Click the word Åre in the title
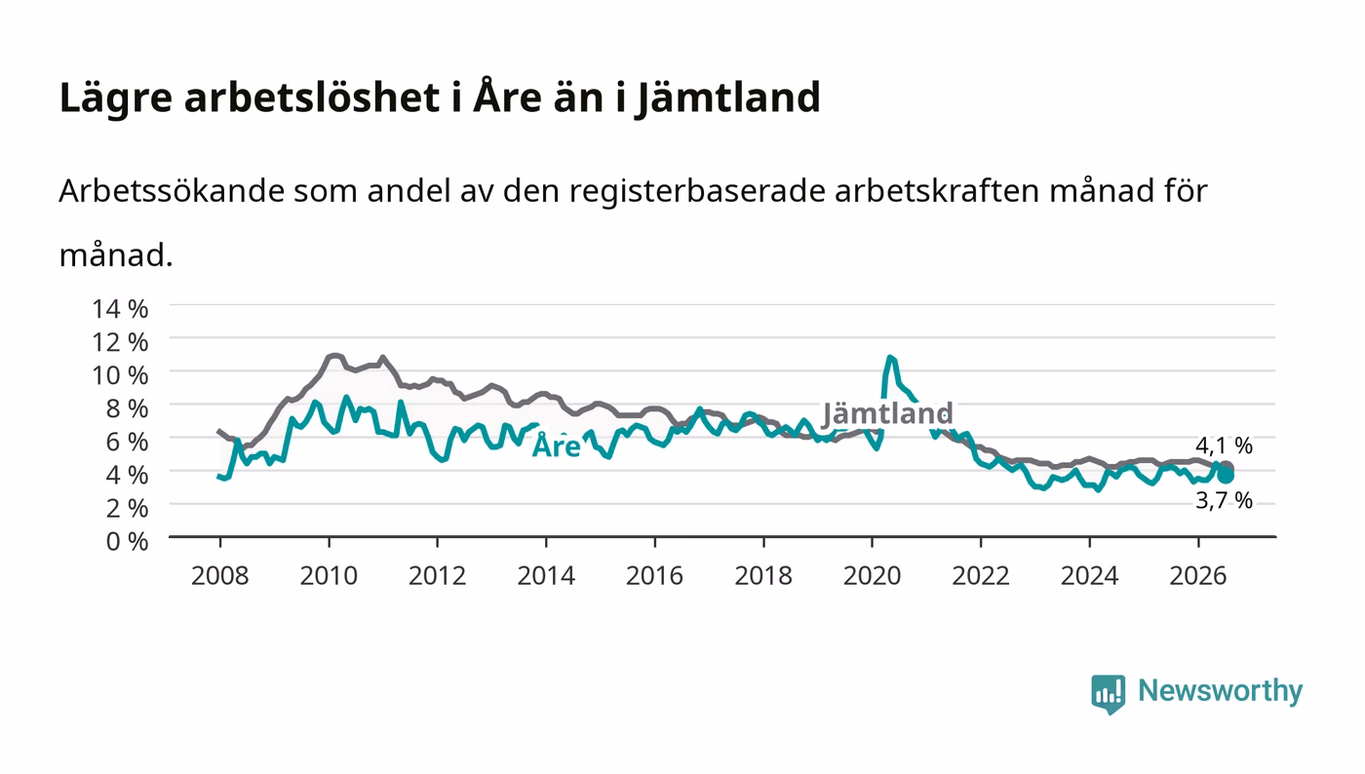click(507, 96)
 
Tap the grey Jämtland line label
click(887, 413)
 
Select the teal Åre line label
click(557, 445)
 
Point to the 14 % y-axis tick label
click(120, 309)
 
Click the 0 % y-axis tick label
click(127, 541)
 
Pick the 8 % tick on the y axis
click(127, 408)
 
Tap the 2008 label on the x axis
click(220, 576)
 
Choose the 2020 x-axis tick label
click(872, 576)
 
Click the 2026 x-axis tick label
click(1198, 576)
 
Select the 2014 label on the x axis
click(546, 576)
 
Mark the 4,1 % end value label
click(1224, 445)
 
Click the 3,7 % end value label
click(1224, 500)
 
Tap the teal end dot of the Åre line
click(1226, 476)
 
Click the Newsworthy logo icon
click(1108, 693)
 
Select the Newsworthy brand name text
click(1220, 690)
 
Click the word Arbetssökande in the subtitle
click(172, 191)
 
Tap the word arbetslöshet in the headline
click(312, 97)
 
